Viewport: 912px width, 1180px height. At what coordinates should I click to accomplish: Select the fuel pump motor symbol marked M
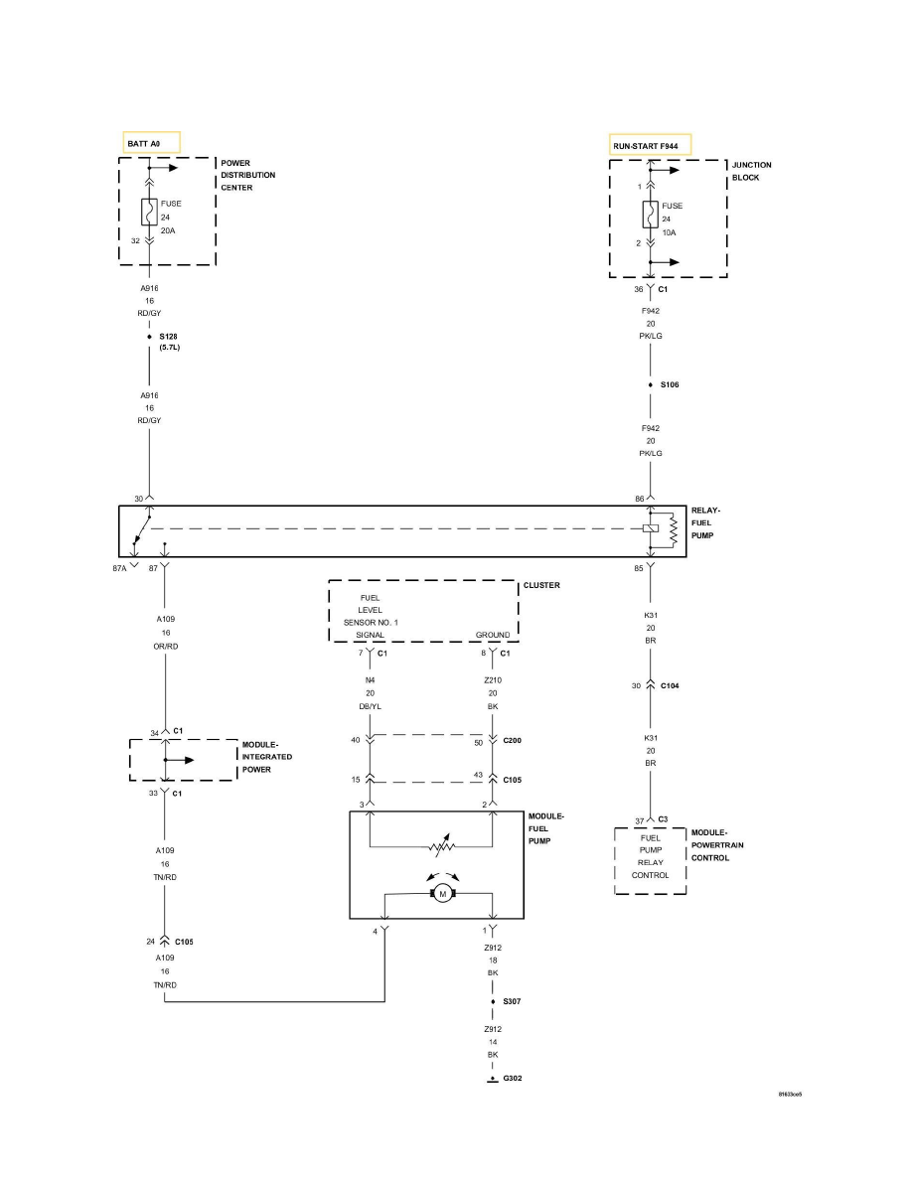tap(439, 894)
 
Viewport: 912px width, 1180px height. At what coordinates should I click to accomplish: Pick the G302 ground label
tap(513, 1078)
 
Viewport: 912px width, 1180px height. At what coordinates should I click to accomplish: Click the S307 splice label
tap(513, 1001)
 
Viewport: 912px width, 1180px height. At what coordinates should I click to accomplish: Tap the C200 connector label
tap(513, 740)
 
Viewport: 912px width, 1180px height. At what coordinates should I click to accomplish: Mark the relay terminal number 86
tap(640, 498)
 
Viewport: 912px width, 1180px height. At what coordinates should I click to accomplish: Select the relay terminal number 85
tap(640, 568)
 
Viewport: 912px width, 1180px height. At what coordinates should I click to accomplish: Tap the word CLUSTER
tap(541, 585)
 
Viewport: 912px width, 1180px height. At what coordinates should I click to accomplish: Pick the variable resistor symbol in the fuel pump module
tap(438, 847)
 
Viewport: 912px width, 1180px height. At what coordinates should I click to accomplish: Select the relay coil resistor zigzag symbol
tap(674, 529)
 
